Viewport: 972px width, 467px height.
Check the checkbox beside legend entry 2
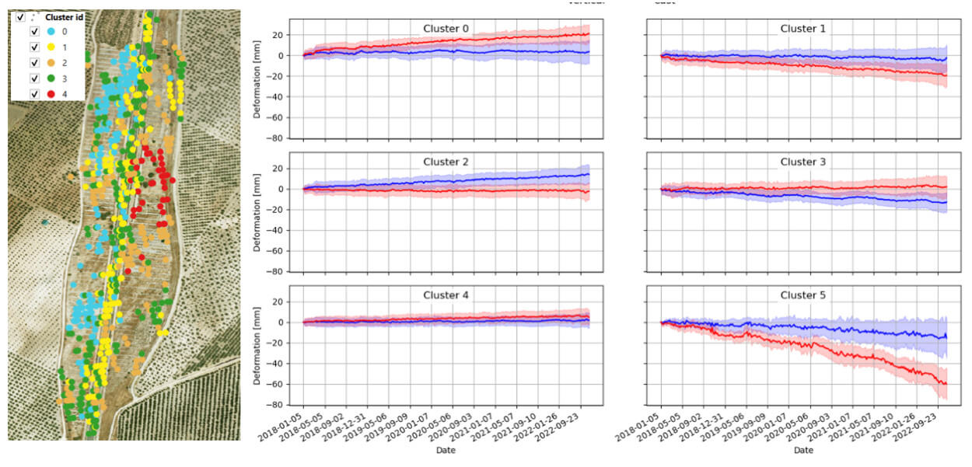[33, 63]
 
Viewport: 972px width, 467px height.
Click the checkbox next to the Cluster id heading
[20, 17]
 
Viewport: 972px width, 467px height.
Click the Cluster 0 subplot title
[446, 29]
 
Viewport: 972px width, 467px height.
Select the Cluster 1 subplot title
[803, 29]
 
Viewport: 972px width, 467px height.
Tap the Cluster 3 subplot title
[803, 162]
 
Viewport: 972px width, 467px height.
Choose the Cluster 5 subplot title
[803, 295]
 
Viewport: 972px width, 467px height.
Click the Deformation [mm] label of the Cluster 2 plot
[257, 208]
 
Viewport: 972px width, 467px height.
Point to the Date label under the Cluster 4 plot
[446, 450]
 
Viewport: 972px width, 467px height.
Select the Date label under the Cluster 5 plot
[803, 450]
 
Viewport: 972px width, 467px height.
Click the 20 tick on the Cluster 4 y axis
[275, 301]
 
